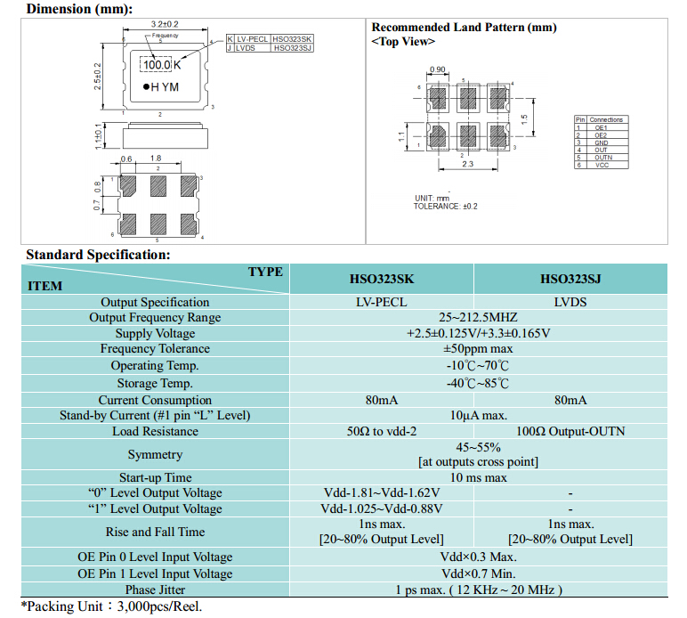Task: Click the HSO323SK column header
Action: [381, 279]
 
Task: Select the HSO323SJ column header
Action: [570, 279]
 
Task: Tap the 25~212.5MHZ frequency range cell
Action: [478, 317]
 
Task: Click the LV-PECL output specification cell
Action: [381, 302]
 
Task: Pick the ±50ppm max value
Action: [478, 349]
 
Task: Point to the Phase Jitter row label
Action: [155, 590]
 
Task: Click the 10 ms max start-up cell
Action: [478, 477]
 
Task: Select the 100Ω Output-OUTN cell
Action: [570, 431]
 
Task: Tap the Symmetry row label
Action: [155, 454]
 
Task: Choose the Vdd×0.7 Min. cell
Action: [478, 573]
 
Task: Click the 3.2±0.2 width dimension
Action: [165, 24]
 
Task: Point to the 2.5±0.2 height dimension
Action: [98, 77]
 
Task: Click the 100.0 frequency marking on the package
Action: [157, 65]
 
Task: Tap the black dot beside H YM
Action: [146, 86]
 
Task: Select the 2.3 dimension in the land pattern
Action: [467, 164]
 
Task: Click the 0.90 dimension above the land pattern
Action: [437, 69]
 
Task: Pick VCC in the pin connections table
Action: [602, 165]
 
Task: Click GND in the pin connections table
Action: [602, 142]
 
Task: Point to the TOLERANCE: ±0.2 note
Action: [445, 206]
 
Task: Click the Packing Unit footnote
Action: [112, 606]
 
